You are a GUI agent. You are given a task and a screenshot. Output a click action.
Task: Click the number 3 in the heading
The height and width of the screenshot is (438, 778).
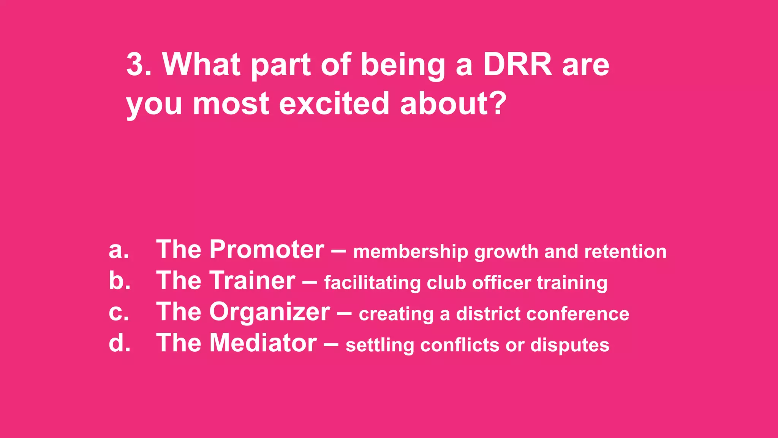tap(135, 64)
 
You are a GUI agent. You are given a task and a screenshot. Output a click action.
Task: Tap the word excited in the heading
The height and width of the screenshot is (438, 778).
tap(334, 103)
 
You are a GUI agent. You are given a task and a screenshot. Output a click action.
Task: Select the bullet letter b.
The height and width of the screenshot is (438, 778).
tap(119, 281)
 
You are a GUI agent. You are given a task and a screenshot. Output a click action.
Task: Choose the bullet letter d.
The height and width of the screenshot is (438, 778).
tap(119, 343)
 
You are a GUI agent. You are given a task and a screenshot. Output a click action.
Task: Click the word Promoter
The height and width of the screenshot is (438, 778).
tap(267, 250)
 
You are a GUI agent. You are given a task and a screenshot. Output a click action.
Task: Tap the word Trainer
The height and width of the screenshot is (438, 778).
tap(252, 281)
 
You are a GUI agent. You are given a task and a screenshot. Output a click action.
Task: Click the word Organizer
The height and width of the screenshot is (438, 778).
tap(270, 313)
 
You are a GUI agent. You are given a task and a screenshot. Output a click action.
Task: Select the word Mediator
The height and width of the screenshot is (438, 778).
tap(263, 343)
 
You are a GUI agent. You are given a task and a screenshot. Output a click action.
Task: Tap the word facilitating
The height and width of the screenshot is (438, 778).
tap(372, 283)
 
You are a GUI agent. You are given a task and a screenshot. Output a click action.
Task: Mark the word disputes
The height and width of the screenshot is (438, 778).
tap(570, 346)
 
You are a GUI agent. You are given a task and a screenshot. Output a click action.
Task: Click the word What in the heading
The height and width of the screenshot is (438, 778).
tap(201, 64)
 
